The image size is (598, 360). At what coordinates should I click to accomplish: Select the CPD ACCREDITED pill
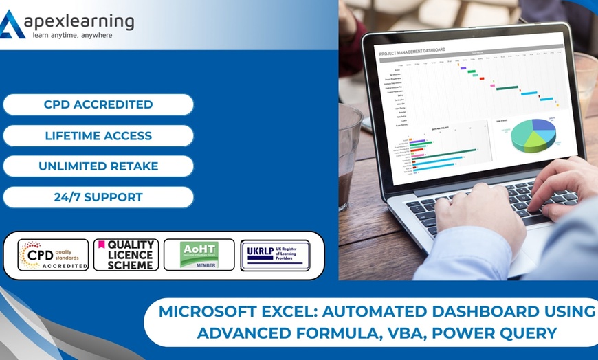(98, 105)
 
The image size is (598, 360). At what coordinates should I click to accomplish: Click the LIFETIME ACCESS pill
(98, 136)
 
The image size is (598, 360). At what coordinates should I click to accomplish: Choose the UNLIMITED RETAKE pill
(98, 166)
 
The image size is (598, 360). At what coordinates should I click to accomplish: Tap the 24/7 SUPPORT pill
(98, 197)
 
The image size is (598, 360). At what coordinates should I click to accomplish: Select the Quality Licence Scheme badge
(126, 255)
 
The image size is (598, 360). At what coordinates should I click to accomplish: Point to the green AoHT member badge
(199, 255)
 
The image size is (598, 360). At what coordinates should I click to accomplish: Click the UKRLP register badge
(275, 255)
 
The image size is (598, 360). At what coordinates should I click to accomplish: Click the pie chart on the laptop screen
(533, 134)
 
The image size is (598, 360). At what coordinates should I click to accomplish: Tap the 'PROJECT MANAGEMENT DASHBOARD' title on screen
(412, 50)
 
